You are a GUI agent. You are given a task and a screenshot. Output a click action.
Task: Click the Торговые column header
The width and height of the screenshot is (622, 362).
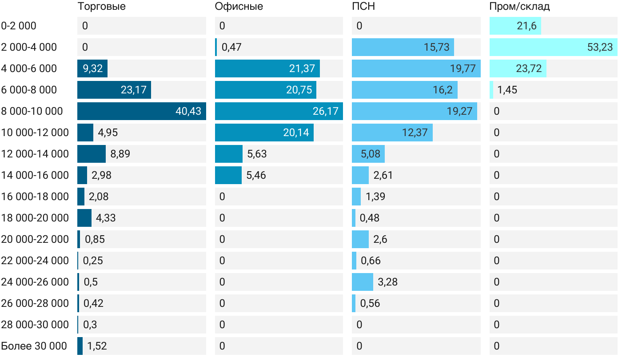(101, 7)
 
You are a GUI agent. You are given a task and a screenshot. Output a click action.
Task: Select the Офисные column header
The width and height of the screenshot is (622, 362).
(239, 7)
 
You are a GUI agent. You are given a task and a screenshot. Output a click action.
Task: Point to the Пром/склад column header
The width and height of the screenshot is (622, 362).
(519, 7)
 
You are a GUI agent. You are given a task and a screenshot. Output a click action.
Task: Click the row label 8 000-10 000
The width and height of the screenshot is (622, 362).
(32, 111)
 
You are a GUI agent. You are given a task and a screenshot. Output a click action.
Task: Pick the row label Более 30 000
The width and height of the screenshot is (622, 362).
(34, 346)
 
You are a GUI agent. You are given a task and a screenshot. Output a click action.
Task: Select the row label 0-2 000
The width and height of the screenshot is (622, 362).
(19, 26)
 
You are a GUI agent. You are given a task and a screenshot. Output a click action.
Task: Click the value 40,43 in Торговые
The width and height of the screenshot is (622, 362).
(188, 111)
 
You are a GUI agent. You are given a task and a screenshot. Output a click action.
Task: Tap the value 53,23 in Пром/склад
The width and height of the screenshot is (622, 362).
(600, 47)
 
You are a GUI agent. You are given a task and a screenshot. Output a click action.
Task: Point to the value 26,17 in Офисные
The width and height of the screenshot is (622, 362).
(326, 111)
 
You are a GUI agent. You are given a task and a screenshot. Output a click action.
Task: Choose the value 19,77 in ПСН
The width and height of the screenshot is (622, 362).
(462, 68)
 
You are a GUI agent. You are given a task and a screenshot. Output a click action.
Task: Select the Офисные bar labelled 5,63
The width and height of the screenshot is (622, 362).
(228, 154)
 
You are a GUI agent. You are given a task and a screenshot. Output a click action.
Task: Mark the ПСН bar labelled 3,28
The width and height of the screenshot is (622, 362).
(362, 282)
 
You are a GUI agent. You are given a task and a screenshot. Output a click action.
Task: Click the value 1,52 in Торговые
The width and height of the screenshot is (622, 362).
(97, 346)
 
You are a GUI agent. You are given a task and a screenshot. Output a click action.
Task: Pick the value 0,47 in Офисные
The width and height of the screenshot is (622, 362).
(231, 47)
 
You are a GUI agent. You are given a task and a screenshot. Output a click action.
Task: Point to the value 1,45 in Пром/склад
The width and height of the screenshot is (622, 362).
(507, 90)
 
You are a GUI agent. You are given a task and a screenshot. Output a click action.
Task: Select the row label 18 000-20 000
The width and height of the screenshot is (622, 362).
(35, 218)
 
